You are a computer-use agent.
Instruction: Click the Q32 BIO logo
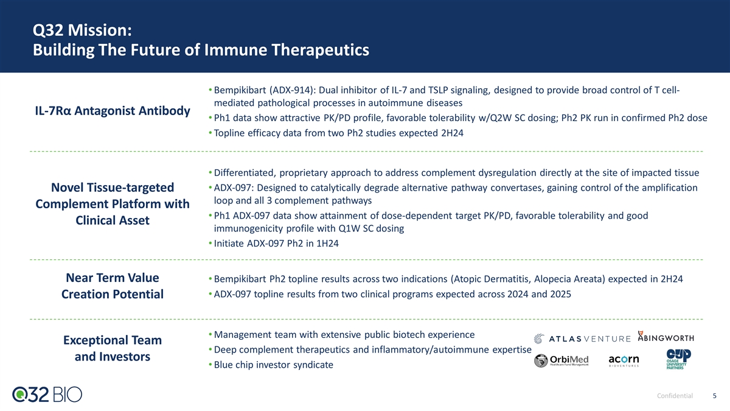point(47,395)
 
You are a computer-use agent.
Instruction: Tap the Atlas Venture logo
point(582,339)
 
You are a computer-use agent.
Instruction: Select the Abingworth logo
point(666,337)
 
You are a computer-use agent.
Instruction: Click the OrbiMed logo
point(561,360)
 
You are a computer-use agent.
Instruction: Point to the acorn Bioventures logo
point(624,360)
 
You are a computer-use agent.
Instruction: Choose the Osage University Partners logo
point(678,359)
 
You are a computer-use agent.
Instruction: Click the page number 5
point(714,396)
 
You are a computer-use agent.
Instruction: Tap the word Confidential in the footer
point(675,396)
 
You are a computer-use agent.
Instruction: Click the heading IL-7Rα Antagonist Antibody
point(113,111)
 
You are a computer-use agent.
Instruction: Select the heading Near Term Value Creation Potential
point(113,286)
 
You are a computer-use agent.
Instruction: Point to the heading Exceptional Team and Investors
point(113,348)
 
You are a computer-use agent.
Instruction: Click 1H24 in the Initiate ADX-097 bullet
point(327,244)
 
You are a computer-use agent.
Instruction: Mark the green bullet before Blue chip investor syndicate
point(210,364)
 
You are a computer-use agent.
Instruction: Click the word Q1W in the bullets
point(349,228)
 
